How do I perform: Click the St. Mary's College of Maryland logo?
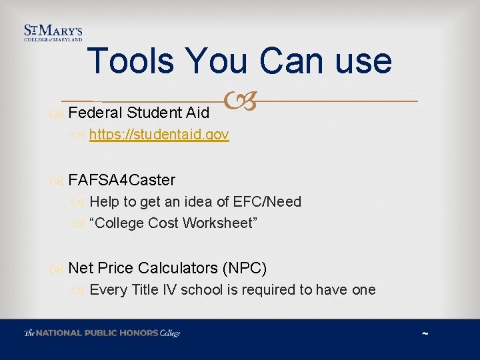[53, 33]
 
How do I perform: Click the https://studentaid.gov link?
[159, 135]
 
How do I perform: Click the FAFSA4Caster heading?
[121, 180]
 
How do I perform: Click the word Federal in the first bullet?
[93, 112]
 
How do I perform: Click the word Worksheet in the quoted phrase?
[219, 223]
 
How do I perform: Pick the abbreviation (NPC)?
[245, 268]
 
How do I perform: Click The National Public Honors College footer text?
[102, 333]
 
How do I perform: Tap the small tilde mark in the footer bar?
[425, 334]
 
